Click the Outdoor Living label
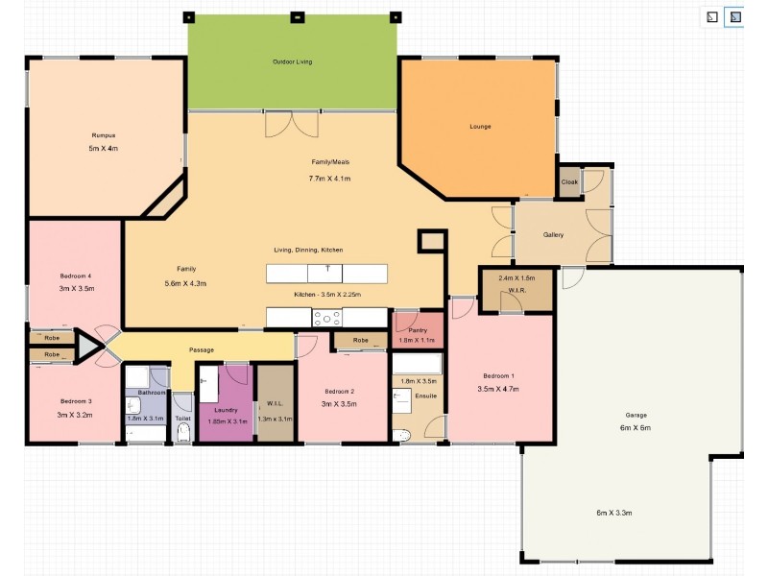point(292,61)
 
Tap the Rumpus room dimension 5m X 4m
point(103,149)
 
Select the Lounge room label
point(480,127)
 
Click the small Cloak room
point(569,181)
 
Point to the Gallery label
point(553,234)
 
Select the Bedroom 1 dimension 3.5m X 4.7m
point(498,389)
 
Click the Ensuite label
point(426,395)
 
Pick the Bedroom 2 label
point(340,391)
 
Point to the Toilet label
point(183,419)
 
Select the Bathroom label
point(152,393)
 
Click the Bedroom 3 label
point(76,400)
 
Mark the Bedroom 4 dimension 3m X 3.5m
point(76,288)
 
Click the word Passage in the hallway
point(202,349)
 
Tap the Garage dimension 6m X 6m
point(635,427)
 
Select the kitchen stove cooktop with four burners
point(326,318)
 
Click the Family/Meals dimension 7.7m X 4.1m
point(329,179)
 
